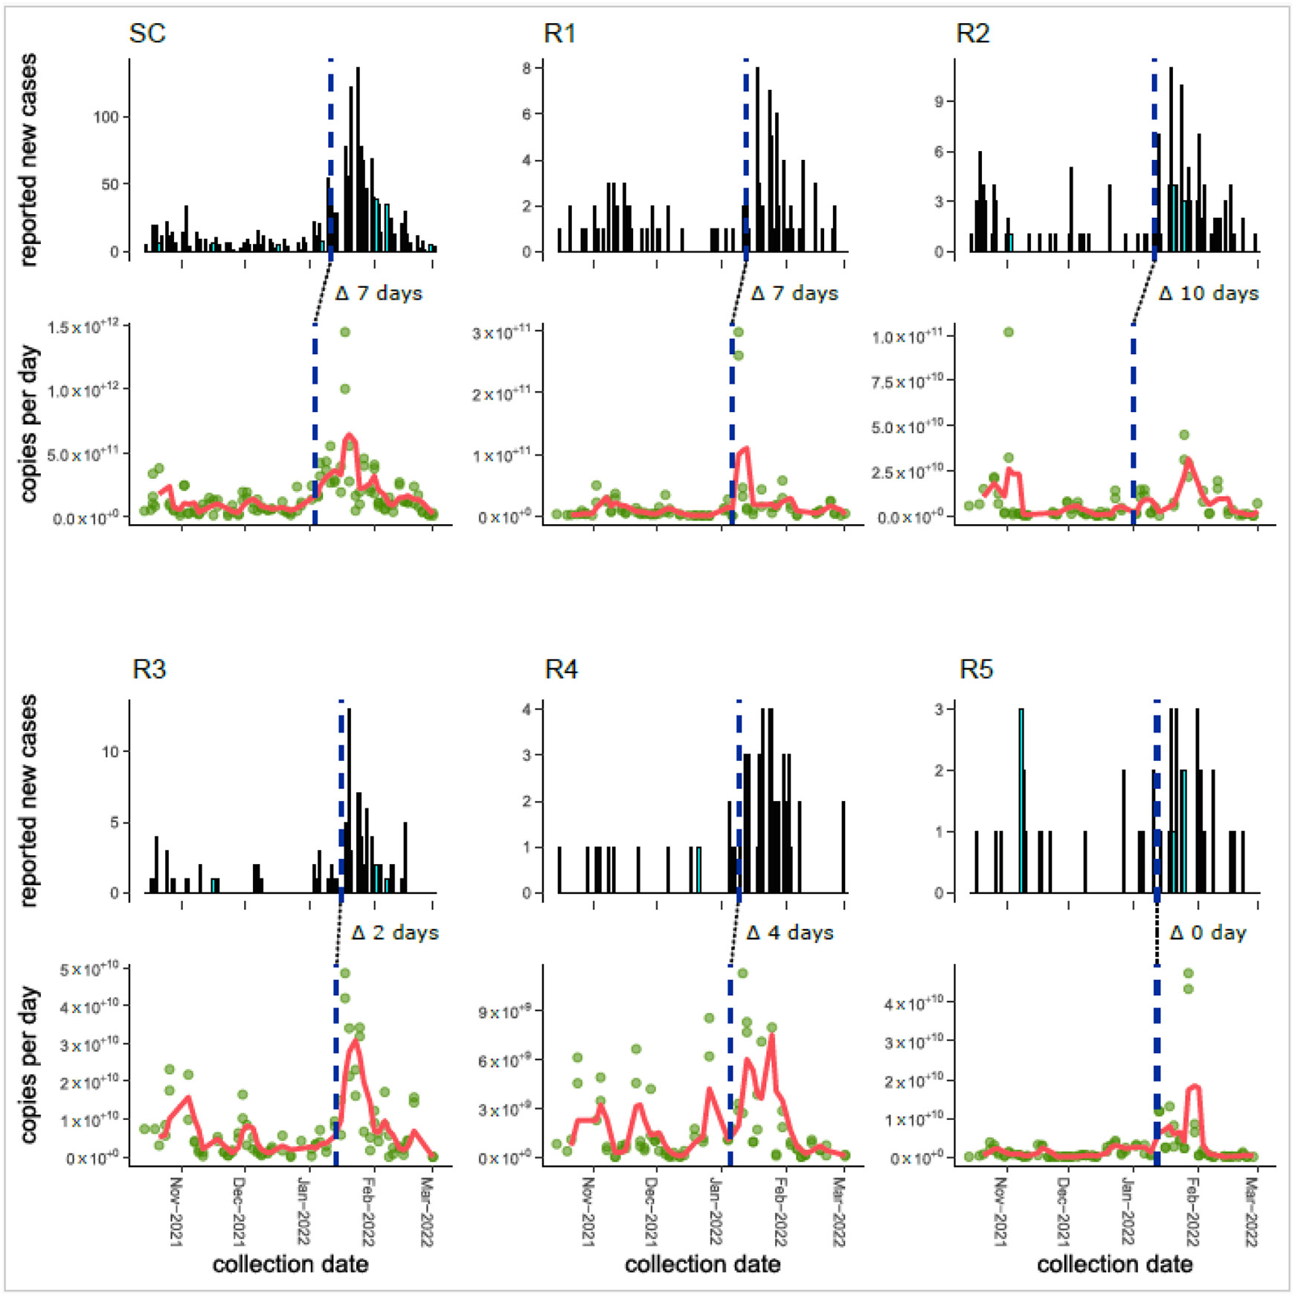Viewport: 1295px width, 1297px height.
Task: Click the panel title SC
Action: coord(147,33)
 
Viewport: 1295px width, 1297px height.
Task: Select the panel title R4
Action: coord(561,669)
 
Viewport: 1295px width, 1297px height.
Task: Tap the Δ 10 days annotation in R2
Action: coord(1208,293)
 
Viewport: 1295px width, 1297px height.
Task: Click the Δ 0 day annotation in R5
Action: coord(1207,933)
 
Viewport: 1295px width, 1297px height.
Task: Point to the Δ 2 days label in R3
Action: coord(394,933)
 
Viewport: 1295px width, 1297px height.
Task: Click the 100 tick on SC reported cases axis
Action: coord(106,118)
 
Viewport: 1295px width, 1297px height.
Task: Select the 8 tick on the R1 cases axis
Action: coord(527,68)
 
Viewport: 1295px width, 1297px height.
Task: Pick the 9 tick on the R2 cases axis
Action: coord(939,101)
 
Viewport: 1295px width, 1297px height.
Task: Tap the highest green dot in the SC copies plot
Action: coord(344,332)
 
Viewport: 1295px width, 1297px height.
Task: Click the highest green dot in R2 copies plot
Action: coord(1008,332)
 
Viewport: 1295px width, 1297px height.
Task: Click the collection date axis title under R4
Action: coord(702,1264)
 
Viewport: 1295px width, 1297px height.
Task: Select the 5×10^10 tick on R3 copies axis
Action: coord(90,970)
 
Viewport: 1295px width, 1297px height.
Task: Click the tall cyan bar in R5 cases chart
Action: coord(1021,800)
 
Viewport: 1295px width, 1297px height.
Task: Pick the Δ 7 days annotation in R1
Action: coord(794,293)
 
